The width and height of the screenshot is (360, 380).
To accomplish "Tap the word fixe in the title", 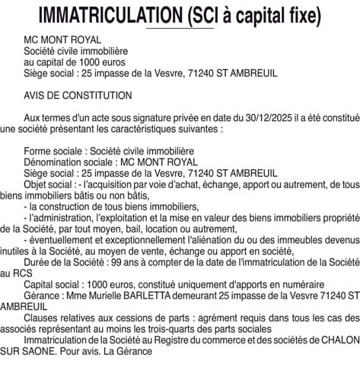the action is click(292, 14).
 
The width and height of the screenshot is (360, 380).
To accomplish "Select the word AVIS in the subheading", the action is click(36, 95).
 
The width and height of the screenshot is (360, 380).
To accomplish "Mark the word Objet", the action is click(37, 184).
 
